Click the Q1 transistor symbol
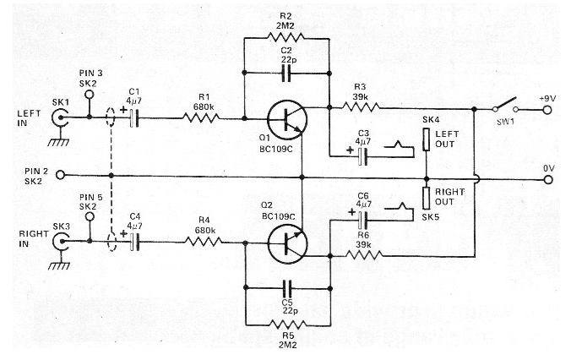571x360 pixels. tap(287, 120)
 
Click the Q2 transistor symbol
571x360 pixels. tap(287, 243)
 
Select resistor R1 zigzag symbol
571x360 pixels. tap(201, 117)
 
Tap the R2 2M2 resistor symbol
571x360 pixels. tap(285, 37)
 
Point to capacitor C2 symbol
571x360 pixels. tap(286, 74)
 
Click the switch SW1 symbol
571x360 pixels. tap(505, 106)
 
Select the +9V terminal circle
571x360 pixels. tap(547, 110)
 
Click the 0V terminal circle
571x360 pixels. tap(548, 180)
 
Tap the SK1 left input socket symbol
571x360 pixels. tap(60, 117)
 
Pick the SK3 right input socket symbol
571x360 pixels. tap(61, 242)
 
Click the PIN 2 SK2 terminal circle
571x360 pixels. tap(61, 176)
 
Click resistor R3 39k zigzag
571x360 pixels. tap(361, 106)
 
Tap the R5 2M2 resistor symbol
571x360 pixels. tap(288, 325)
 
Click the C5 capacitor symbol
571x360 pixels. tap(288, 288)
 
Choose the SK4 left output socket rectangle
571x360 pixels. tap(427, 139)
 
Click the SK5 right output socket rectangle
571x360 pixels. tap(427, 199)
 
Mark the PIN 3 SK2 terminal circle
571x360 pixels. tap(90, 95)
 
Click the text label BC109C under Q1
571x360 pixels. tap(276, 150)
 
